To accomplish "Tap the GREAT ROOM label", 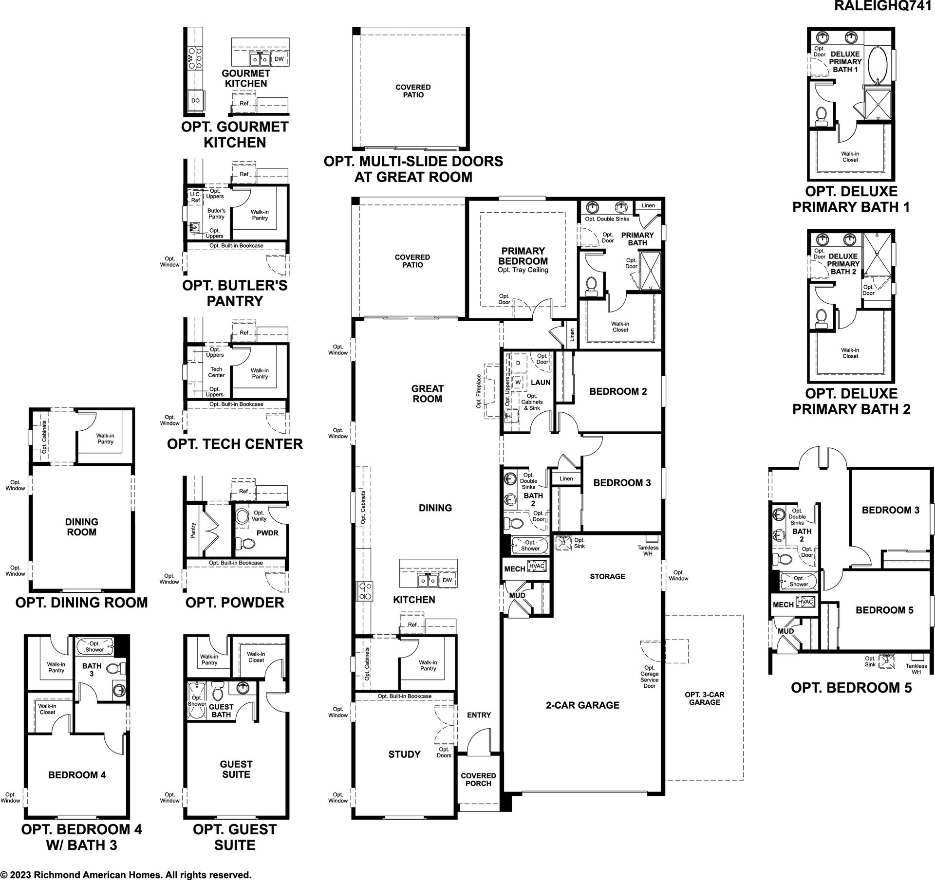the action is pyautogui.click(x=427, y=394).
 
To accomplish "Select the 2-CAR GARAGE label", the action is pyautogui.click(x=582, y=705).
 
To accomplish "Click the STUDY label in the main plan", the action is pyautogui.click(x=404, y=754).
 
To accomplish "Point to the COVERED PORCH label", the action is pyautogui.click(x=478, y=780).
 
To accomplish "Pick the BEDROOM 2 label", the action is pyautogui.click(x=618, y=391).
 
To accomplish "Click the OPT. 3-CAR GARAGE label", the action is pyautogui.click(x=704, y=698).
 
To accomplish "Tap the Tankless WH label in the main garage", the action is pyautogui.click(x=648, y=550).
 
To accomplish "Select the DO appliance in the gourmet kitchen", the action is pyautogui.click(x=195, y=101).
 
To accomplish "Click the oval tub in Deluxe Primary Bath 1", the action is pyautogui.click(x=879, y=65).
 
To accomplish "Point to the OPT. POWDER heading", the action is pyautogui.click(x=235, y=603).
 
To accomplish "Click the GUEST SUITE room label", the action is pyautogui.click(x=236, y=770).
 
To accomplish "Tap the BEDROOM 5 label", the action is pyautogui.click(x=884, y=610).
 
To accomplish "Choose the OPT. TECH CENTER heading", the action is pyautogui.click(x=235, y=444).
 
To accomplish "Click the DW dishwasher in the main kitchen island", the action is pyautogui.click(x=447, y=580).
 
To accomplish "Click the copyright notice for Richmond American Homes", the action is pyautogui.click(x=126, y=875).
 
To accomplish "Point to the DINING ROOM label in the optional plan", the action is pyautogui.click(x=82, y=527).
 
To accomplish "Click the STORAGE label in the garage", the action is pyautogui.click(x=607, y=576).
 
